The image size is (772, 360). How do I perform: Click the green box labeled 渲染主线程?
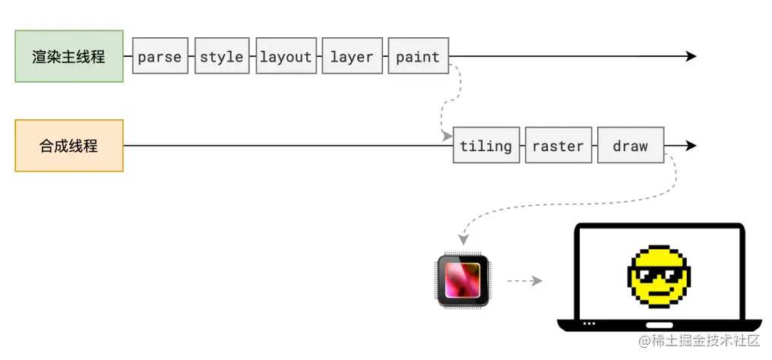pyautogui.click(x=69, y=56)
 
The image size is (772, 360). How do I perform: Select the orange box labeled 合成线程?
pyautogui.click(x=69, y=145)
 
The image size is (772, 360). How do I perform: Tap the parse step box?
pyautogui.click(x=160, y=56)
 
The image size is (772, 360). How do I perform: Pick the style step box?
pyautogui.click(x=222, y=56)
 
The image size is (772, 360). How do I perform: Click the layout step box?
pyautogui.click(x=286, y=56)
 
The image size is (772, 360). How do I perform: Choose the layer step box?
pyautogui.click(x=352, y=56)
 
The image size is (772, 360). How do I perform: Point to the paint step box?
pyautogui.click(x=418, y=56)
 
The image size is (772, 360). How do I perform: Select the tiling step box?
pyautogui.click(x=486, y=145)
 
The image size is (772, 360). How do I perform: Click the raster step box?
pyautogui.click(x=558, y=145)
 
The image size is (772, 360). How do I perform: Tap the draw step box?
pyautogui.click(x=631, y=145)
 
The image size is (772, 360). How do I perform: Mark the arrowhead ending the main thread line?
pyautogui.click(x=691, y=56)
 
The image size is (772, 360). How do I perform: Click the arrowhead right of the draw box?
pyautogui.click(x=691, y=145)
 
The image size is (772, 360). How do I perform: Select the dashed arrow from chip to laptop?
pyautogui.click(x=524, y=281)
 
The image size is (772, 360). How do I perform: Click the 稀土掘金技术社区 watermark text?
pyautogui.click(x=699, y=340)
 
